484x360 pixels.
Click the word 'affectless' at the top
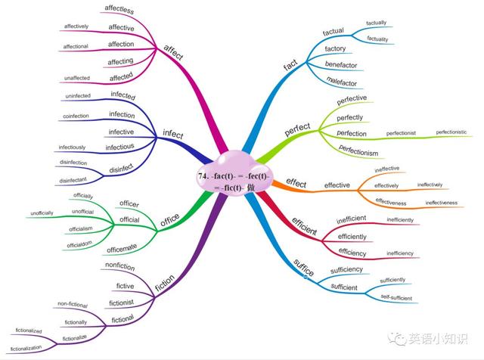click(x=119, y=10)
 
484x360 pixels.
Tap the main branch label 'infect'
click(x=173, y=134)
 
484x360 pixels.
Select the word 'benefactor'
click(x=341, y=64)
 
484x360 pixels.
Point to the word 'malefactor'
click(x=341, y=82)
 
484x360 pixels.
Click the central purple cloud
click(x=234, y=174)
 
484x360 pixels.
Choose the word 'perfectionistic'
click(x=451, y=132)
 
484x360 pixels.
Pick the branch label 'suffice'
click(x=304, y=268)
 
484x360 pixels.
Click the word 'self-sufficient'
click(x=396, y=297)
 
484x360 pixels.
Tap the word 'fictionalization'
click(x=26, y=348)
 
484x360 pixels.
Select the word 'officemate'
click(x=122, y=248)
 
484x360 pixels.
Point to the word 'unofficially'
click(x=42, y=213)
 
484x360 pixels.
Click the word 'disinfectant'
click(x=73, y=180)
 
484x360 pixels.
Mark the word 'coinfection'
click(x=76, y=116)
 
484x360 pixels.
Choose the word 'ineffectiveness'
click(x=442, y=203)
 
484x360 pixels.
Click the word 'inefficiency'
click(x=400, y=253)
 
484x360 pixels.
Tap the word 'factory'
click(x=335, y=48)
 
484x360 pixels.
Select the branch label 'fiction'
click(x=165, y=283)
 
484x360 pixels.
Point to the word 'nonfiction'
click(x=120, y=266)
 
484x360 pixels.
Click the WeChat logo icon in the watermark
click(x=397, y=339)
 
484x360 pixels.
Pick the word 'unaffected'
click(x=77, y=78)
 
